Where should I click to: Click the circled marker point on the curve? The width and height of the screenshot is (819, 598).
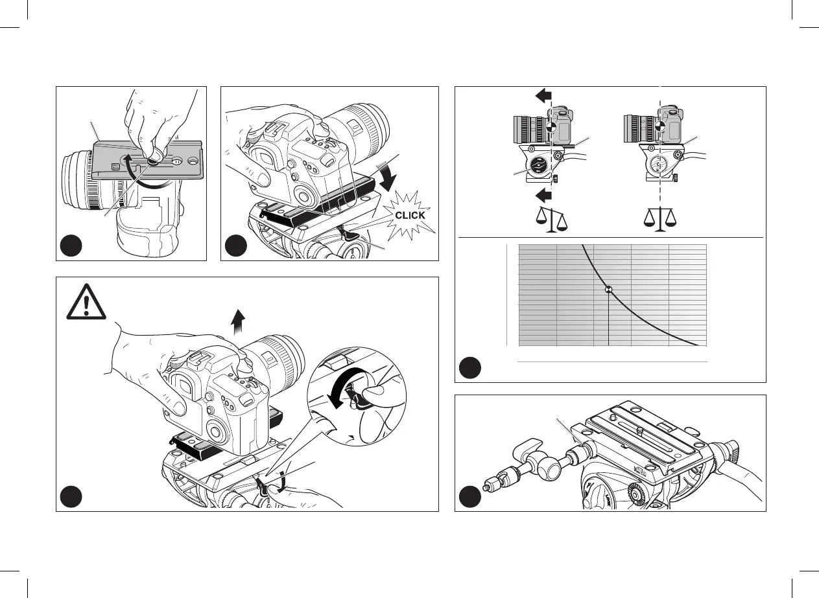(609, 290)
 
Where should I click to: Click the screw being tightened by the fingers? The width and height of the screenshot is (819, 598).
(155, 156)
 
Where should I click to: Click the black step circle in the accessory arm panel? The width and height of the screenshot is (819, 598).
(469, 497)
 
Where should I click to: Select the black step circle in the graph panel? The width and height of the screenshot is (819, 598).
(469, 367)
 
